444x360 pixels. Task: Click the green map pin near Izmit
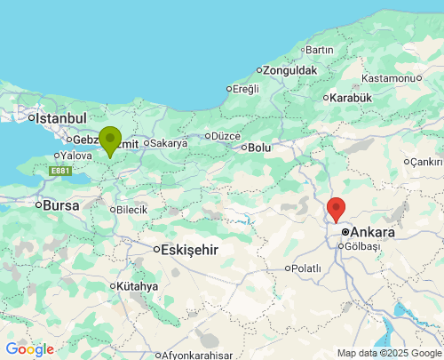tap(110, 140)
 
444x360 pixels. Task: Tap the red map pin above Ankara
tap(336, 209)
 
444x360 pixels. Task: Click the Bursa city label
tap(61, 205)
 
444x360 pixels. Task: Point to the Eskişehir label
tap(189, 250)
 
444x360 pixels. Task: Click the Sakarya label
tap(169, 142)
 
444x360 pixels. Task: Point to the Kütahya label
tap(138, 286)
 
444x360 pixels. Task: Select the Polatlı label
tap(306, 268)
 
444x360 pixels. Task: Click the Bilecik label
tap(131, 210)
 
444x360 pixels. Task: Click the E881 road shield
tap(60, 170)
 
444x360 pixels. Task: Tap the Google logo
tap(29, 349)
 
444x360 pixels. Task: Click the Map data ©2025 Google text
tap(387, 353)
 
